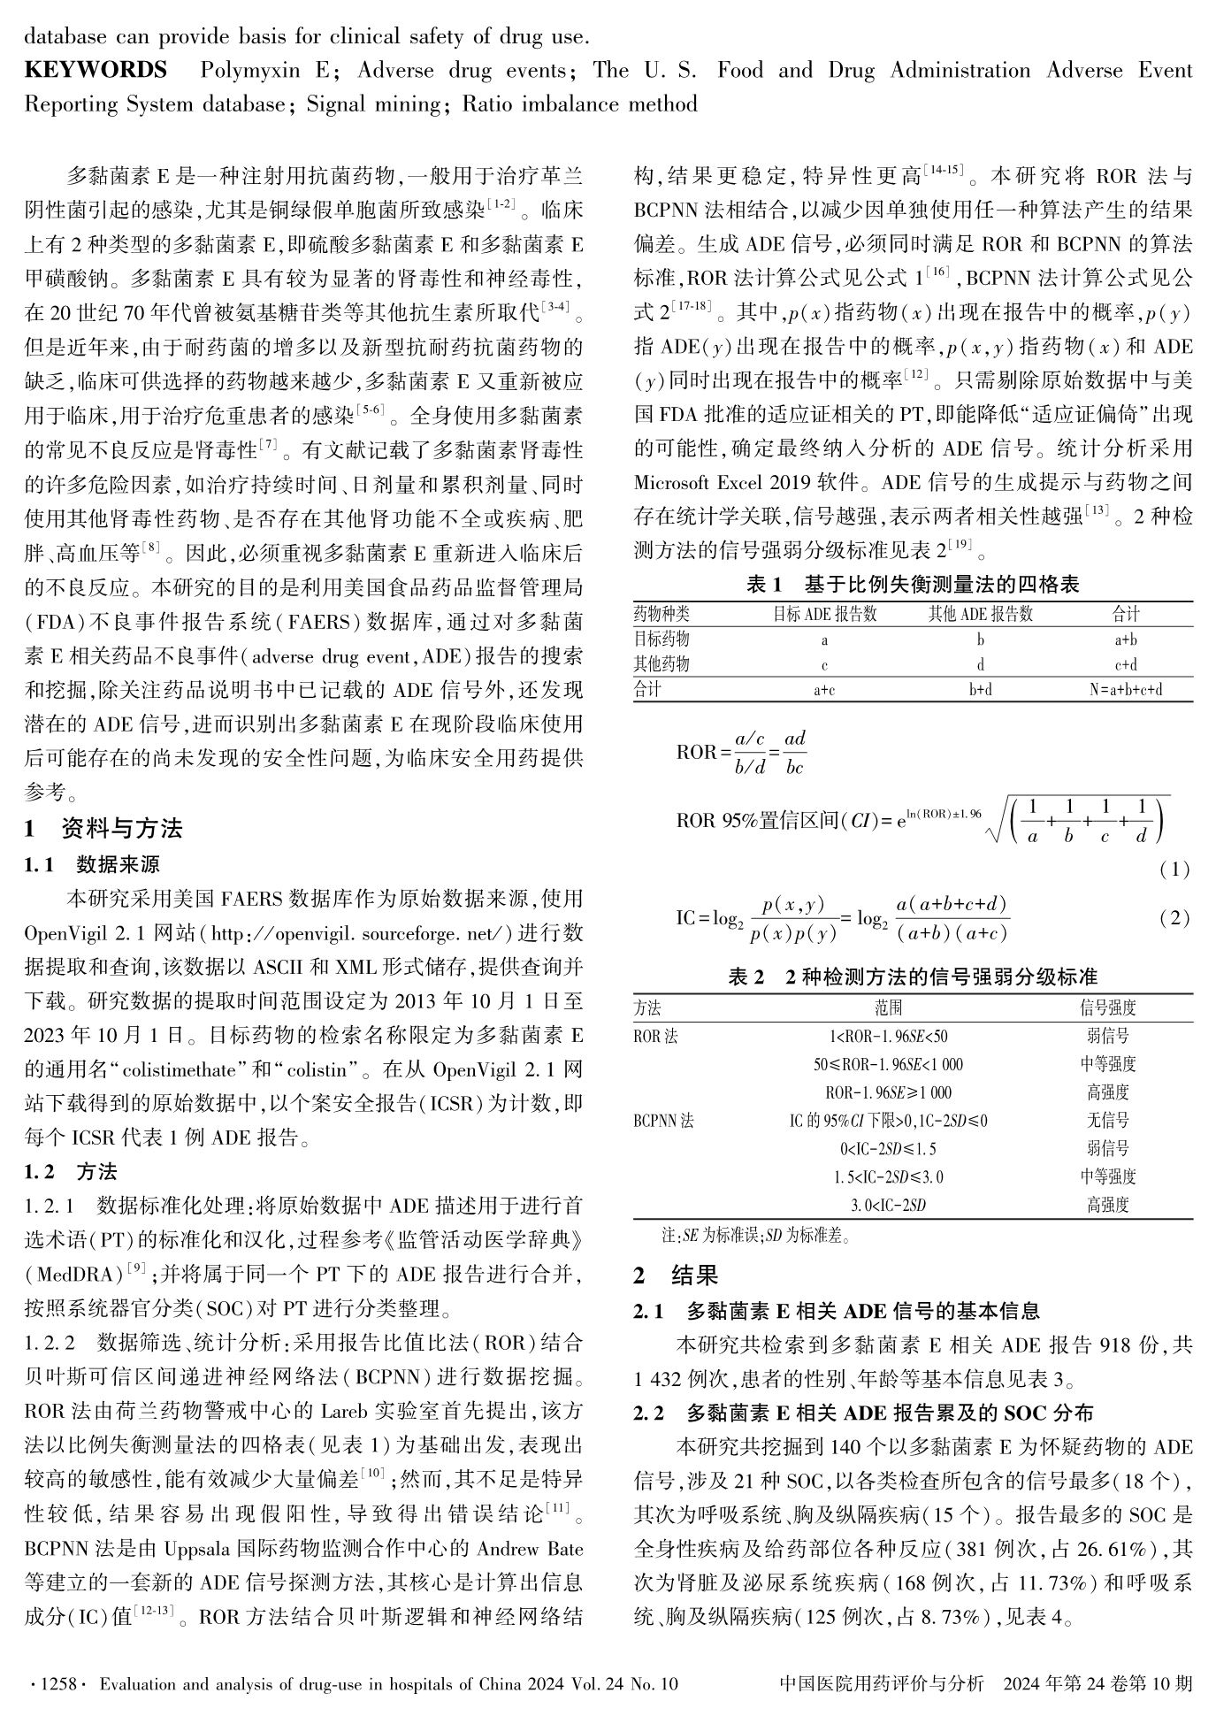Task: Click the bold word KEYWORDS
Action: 95,71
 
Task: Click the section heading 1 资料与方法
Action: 103,829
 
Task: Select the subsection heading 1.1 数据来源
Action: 92,864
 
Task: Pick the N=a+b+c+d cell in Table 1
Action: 1125,690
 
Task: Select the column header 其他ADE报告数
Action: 980,614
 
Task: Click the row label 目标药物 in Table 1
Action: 662,639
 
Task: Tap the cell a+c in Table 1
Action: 824,690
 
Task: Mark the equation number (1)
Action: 1174,869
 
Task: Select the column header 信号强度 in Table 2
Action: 1107,1007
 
